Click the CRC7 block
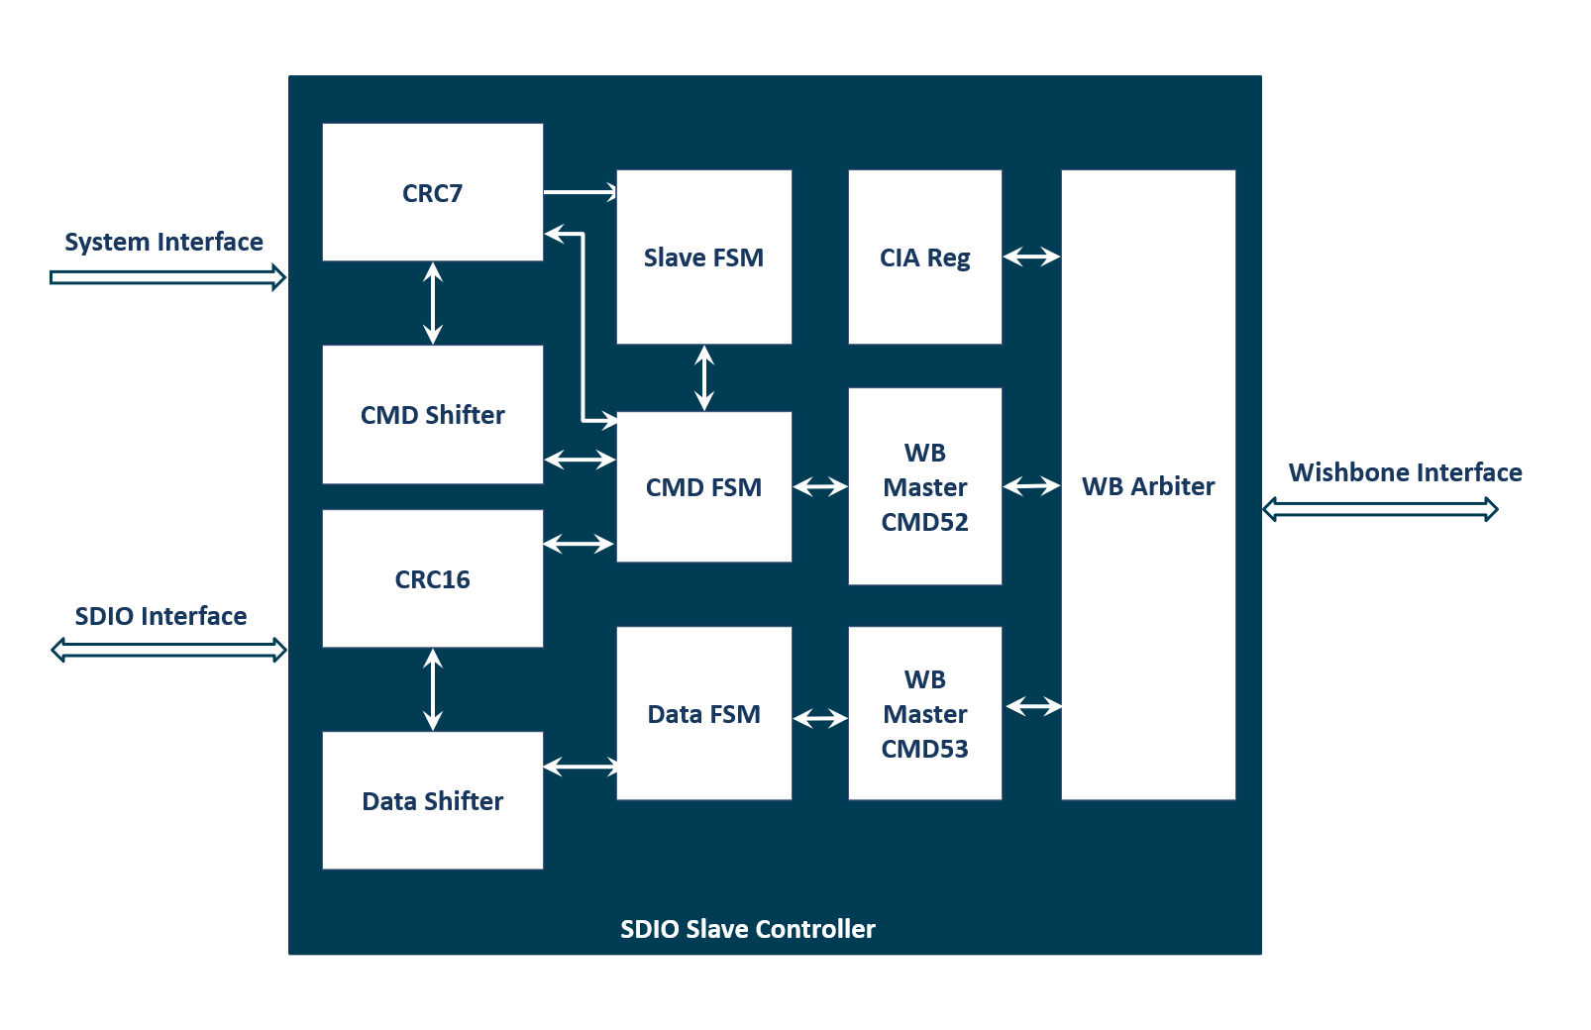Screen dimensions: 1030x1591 point(432,192)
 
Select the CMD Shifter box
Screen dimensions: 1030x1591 point(432,414)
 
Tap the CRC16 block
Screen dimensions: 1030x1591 point(432,578)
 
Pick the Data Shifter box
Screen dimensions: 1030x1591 point(432,800)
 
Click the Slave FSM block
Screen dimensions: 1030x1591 point(703,257)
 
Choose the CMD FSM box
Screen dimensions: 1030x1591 point(703,487)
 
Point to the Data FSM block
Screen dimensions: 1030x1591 point(703,713)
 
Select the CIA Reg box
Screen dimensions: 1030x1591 point(924,257)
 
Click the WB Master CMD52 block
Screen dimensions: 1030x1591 point(924,486)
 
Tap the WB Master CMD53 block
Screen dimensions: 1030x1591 point(924,713)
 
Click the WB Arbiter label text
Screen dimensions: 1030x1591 point(1147,486)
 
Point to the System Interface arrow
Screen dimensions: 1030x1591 point(167,277)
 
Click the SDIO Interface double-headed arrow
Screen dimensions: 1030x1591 point(168,650)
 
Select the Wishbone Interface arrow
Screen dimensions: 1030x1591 point(1380,509)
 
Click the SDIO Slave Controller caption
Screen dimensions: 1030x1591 point(747,929)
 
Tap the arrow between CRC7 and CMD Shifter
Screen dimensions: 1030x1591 point(433,303)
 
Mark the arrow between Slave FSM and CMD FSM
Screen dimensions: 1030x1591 point(704,377)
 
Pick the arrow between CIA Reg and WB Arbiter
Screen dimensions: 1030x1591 point(1031,257)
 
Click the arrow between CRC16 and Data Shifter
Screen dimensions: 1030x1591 point(433,689)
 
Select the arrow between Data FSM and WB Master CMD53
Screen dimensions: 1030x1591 point(820,718)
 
